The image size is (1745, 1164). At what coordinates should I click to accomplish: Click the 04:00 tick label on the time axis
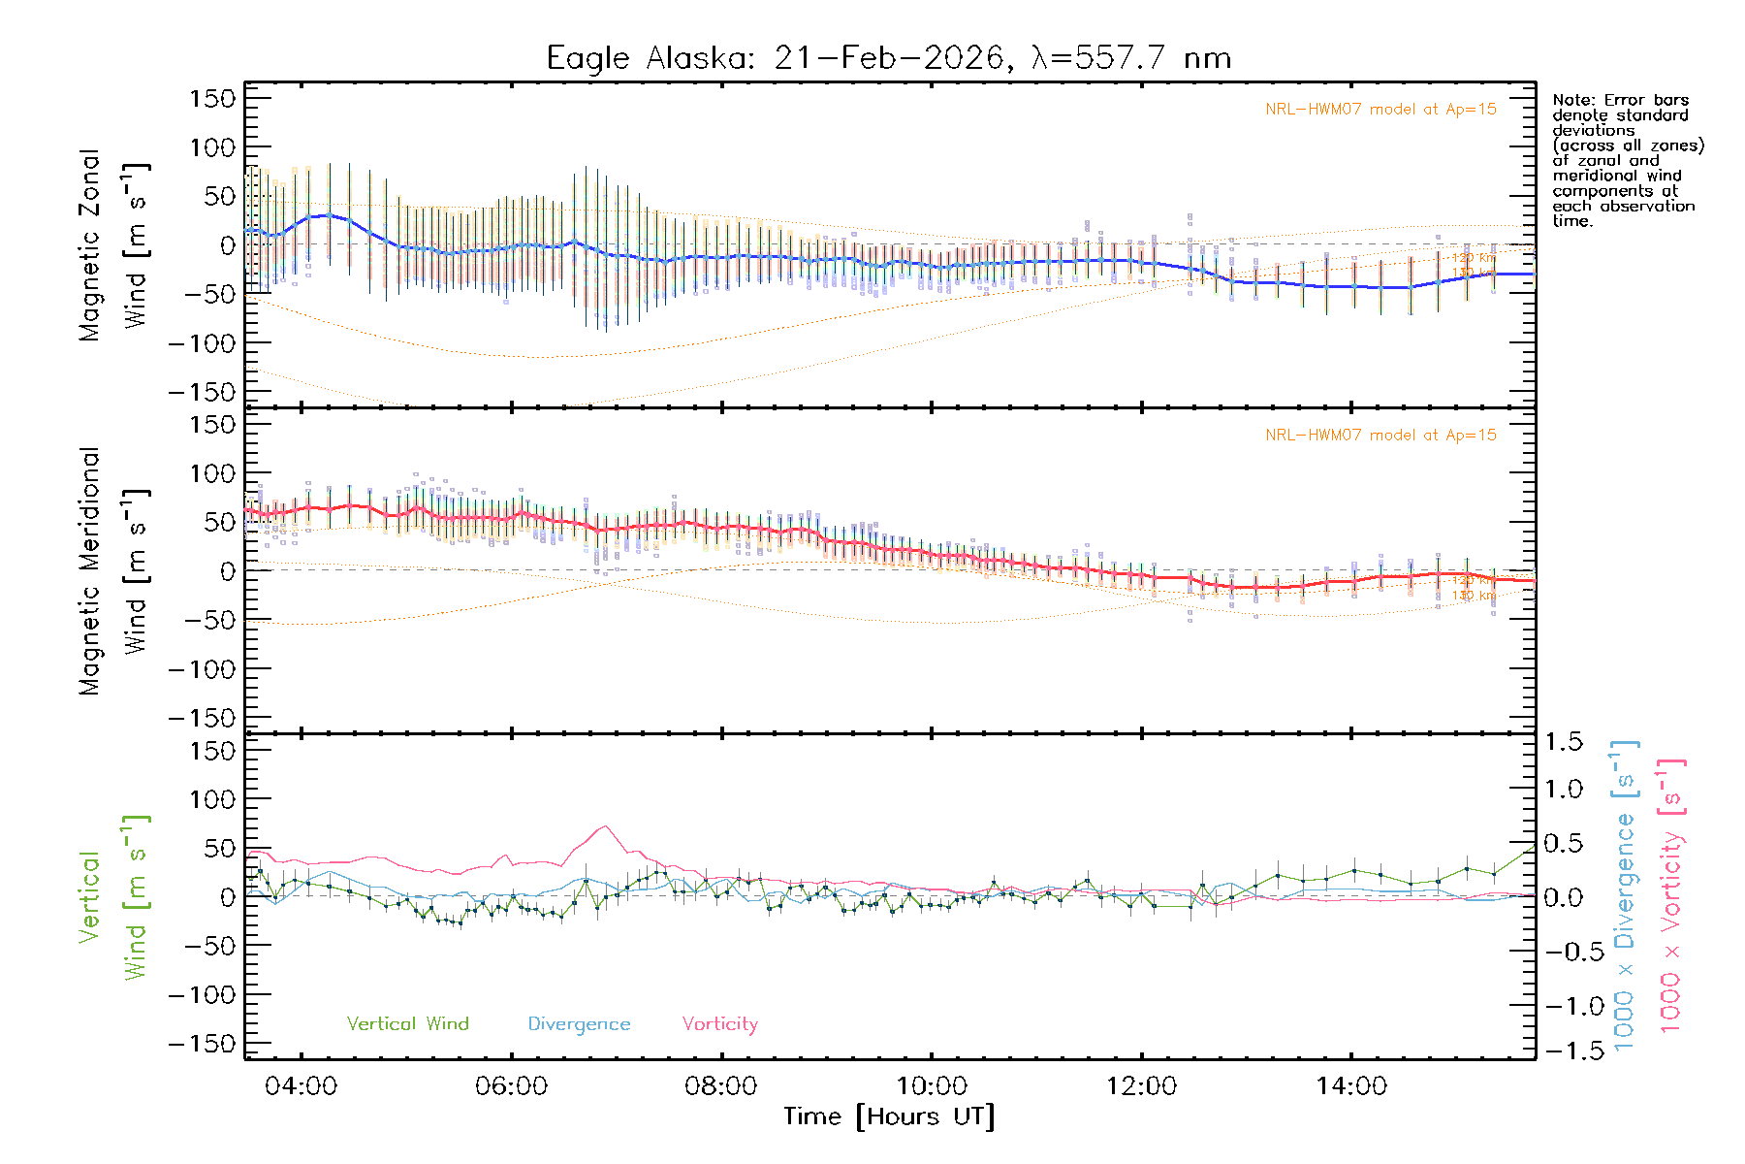pos(301,1085)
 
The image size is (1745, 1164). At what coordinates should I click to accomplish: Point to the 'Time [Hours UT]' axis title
pos(889,1116)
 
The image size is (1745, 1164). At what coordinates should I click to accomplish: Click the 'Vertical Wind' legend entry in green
pos(407,1023)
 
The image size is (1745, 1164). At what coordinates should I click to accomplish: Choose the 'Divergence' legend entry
pos(579,1023)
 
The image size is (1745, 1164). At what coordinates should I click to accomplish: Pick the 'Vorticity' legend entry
pos(719,1023)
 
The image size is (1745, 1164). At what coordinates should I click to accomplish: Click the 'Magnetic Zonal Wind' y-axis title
pos(114,245)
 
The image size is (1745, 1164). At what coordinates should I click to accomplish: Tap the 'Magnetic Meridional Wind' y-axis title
pos(114,571)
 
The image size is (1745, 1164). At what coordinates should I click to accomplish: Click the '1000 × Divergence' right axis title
pos(1625,895)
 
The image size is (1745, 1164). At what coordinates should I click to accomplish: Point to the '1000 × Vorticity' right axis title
pos(1671,895)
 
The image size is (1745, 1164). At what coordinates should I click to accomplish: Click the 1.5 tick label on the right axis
pos(1563,742)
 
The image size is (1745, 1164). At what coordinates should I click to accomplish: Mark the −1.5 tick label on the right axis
pos(1563,1051)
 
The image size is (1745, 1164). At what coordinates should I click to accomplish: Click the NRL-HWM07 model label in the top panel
pos(1380,110)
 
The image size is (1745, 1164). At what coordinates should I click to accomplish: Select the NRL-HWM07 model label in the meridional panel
pos(1380,436)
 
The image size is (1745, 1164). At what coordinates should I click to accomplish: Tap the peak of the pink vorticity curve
pos(605,826)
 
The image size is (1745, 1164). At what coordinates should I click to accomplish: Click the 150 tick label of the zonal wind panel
pos(212,99)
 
